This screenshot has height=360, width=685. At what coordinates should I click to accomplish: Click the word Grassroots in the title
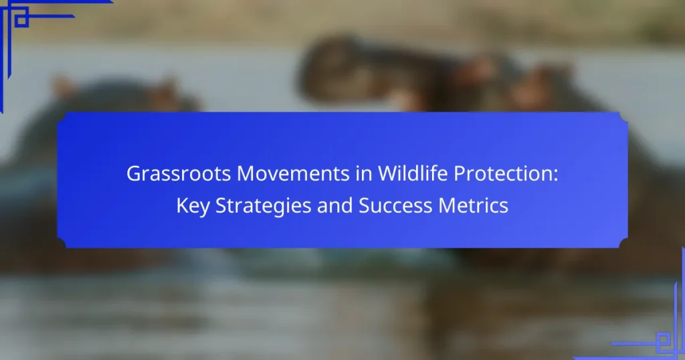point(179,173)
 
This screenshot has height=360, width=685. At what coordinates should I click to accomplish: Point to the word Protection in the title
point(503,173)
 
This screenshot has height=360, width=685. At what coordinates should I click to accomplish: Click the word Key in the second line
point(193,206)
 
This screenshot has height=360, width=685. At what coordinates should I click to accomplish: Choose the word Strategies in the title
point(264,206)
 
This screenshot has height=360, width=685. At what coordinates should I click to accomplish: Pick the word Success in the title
point(395,205)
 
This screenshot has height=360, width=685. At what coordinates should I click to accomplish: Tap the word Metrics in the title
point(473,205)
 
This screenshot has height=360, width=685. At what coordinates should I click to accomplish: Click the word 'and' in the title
point(335,205)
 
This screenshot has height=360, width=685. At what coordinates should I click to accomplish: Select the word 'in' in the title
point(364,173)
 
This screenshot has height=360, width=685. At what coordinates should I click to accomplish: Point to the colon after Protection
point(556,176)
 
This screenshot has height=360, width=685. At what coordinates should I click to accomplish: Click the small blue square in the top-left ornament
point(21,19)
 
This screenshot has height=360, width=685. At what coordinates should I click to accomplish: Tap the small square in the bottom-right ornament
point(664,340)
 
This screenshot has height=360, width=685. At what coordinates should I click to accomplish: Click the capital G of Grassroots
point(134,174)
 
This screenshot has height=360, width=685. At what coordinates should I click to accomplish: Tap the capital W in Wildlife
point(389,174)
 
